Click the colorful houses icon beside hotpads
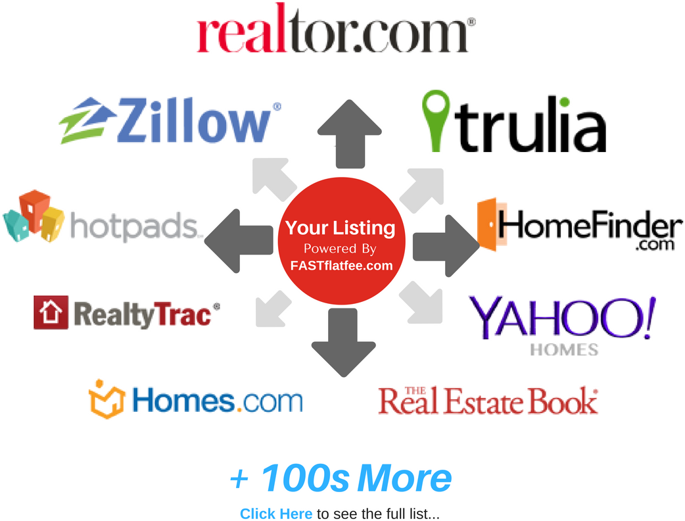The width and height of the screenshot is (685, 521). pos(34,216)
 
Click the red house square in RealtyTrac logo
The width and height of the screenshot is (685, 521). pos(51,312)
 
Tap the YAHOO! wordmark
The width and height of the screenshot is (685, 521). pos(563,317)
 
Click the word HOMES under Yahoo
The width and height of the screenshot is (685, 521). pos(564,350)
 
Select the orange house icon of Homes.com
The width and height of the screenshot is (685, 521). pos(106,399)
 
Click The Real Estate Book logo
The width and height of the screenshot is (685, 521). pos(488,401)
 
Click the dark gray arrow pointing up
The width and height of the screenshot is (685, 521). pos(350,134)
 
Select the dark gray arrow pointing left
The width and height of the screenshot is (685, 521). pos(239,241)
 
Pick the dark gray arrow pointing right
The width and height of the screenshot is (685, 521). pos(446,245)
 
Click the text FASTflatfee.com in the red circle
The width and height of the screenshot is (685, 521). pos(342,265)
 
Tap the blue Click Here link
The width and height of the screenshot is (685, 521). pos(276,514)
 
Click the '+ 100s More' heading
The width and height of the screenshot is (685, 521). pos(341,478)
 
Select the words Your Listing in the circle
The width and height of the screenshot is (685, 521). pos(341,228)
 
